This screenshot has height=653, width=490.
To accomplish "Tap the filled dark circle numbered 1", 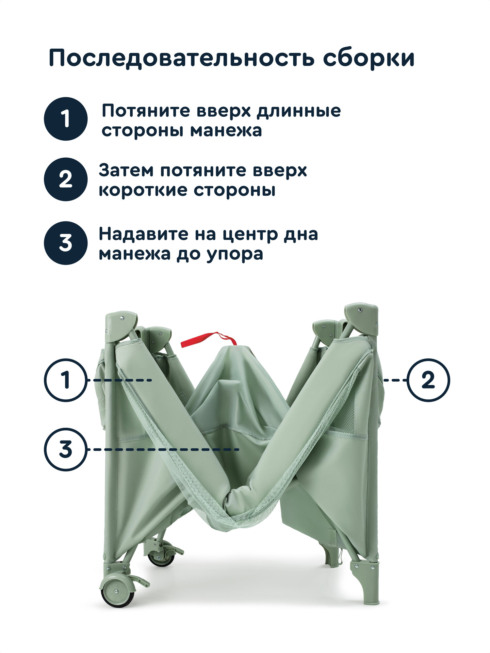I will [x=66, y=119].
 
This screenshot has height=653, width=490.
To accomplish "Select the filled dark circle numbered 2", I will [x=66, y=179].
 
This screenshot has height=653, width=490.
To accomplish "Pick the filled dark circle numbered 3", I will [x=66, y=243].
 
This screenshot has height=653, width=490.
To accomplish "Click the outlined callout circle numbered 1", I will [x=66, y=380].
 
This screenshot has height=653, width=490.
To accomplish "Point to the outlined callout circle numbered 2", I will [x=428, y=380].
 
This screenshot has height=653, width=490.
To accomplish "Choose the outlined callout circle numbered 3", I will [x=66, y=450].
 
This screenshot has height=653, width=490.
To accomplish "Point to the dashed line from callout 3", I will [x=163, y=450].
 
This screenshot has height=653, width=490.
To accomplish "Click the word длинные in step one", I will [x=298, y=111].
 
